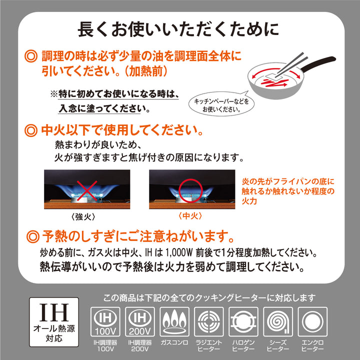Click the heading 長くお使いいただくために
(178, 29)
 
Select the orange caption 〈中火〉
(190, 217)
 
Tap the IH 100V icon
(104, 323)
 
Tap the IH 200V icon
(140, 323)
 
